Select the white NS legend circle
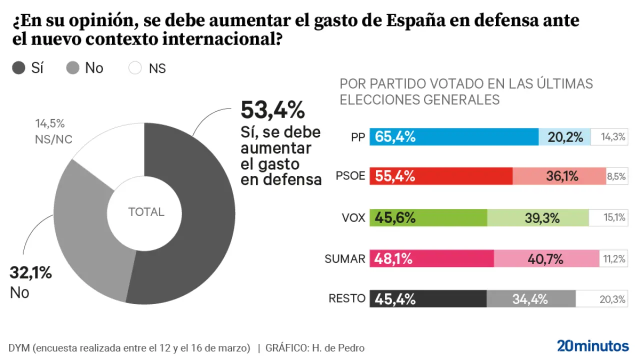coord(135,68)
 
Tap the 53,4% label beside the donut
coord(272,110)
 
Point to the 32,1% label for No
coord(31,273)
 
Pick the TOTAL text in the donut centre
coord(146,212)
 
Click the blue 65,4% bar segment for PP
coord(454,136)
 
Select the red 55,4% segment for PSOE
coord(441,176)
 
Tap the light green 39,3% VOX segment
coord(537,217)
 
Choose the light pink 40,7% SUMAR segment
coord(546,258)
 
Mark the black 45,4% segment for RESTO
coord(428,299)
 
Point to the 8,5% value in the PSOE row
coord(616,176)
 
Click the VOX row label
coord(353,217)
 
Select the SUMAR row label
coord(345,258)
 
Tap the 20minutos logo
coord(592,346)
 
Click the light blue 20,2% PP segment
coord(564,136)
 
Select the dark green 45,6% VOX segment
coord(428,217)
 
